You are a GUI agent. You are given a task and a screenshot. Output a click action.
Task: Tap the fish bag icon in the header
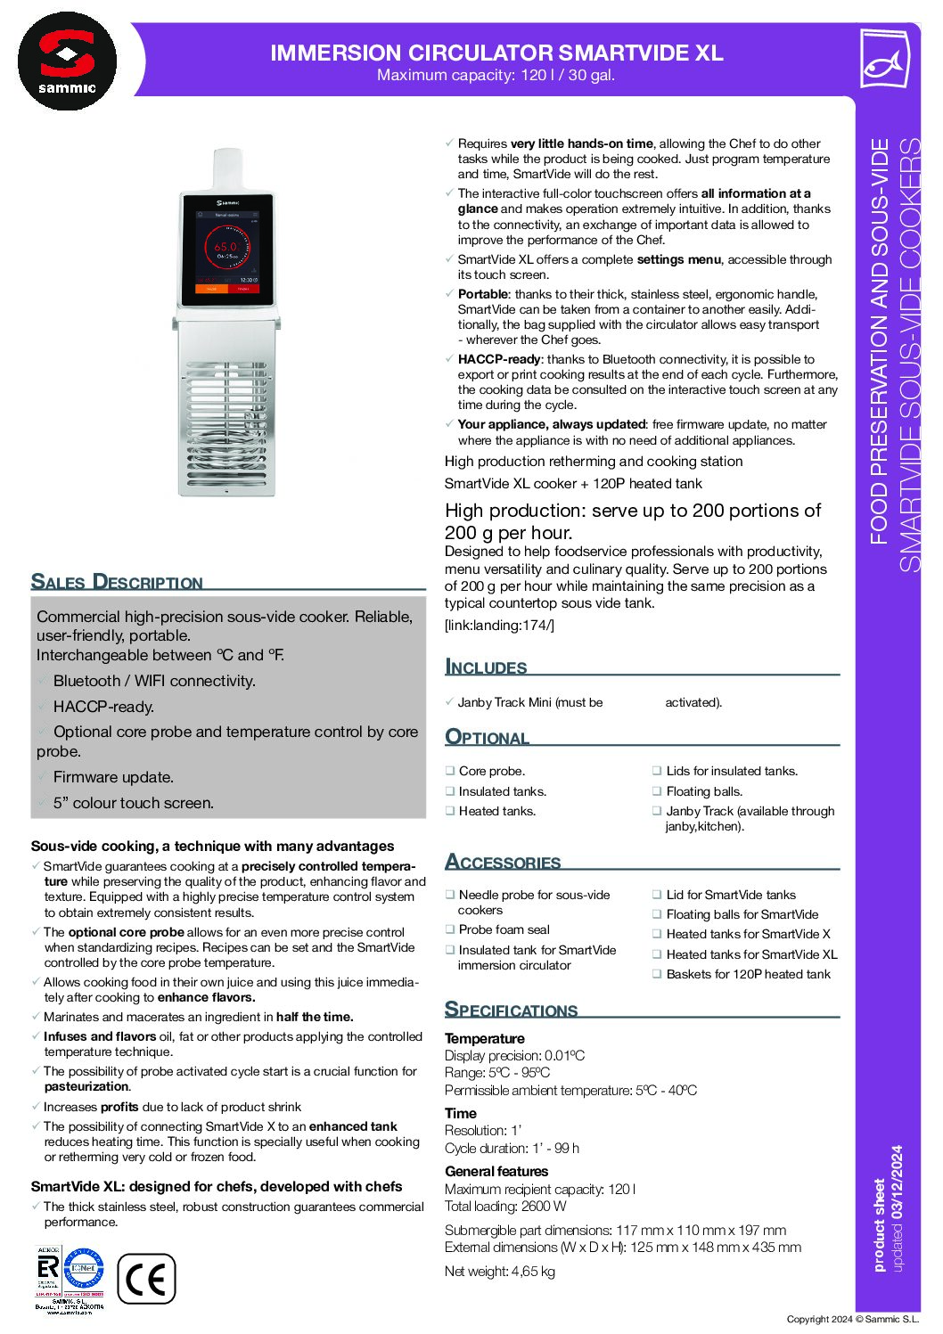pyautogui.click(x=883, y=59)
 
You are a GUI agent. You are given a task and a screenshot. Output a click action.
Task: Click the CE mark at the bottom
pyautogui.click(x=146, y=1279)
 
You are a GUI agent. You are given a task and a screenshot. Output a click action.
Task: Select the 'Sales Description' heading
pyautogui.click(x=117, y=582)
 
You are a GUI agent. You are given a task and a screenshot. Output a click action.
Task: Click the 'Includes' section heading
pyautogui.click(x=486, y=667)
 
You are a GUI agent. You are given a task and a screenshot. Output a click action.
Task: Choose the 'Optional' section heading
pyautogui.click(x=487, y=737)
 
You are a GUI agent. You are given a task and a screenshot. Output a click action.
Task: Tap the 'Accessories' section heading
pyautogui.click(x=503, y=862)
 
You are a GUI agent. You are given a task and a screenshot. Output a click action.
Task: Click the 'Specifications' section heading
pyautogui.click(x=511, y=1010)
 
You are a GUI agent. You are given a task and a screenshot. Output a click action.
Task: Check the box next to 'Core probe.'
pyautogui.click(x=450, y=771)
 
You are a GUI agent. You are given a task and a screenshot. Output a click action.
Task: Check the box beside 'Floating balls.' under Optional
pyautogui.click(x=657, y=791)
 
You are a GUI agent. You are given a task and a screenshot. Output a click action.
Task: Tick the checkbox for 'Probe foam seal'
pyautogui.click(x=450, y=929)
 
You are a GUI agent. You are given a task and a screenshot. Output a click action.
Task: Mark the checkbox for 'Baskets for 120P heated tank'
pyautogui.click(x=657, y=974)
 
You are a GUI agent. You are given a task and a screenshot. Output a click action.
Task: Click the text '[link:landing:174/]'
pyautogui.click(x=499, y=626)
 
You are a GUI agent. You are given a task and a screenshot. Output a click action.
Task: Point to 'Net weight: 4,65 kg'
pyautogui.click(x=499, y=1272)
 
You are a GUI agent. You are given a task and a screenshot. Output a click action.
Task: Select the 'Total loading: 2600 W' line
pyautogui.click(x=505, y=1207)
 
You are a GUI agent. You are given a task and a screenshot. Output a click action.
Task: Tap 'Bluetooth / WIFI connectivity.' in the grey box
pyautogui.click(x=154, y=681)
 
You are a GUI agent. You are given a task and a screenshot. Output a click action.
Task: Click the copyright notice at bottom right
pyautogui.click(x=852, y=1319)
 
